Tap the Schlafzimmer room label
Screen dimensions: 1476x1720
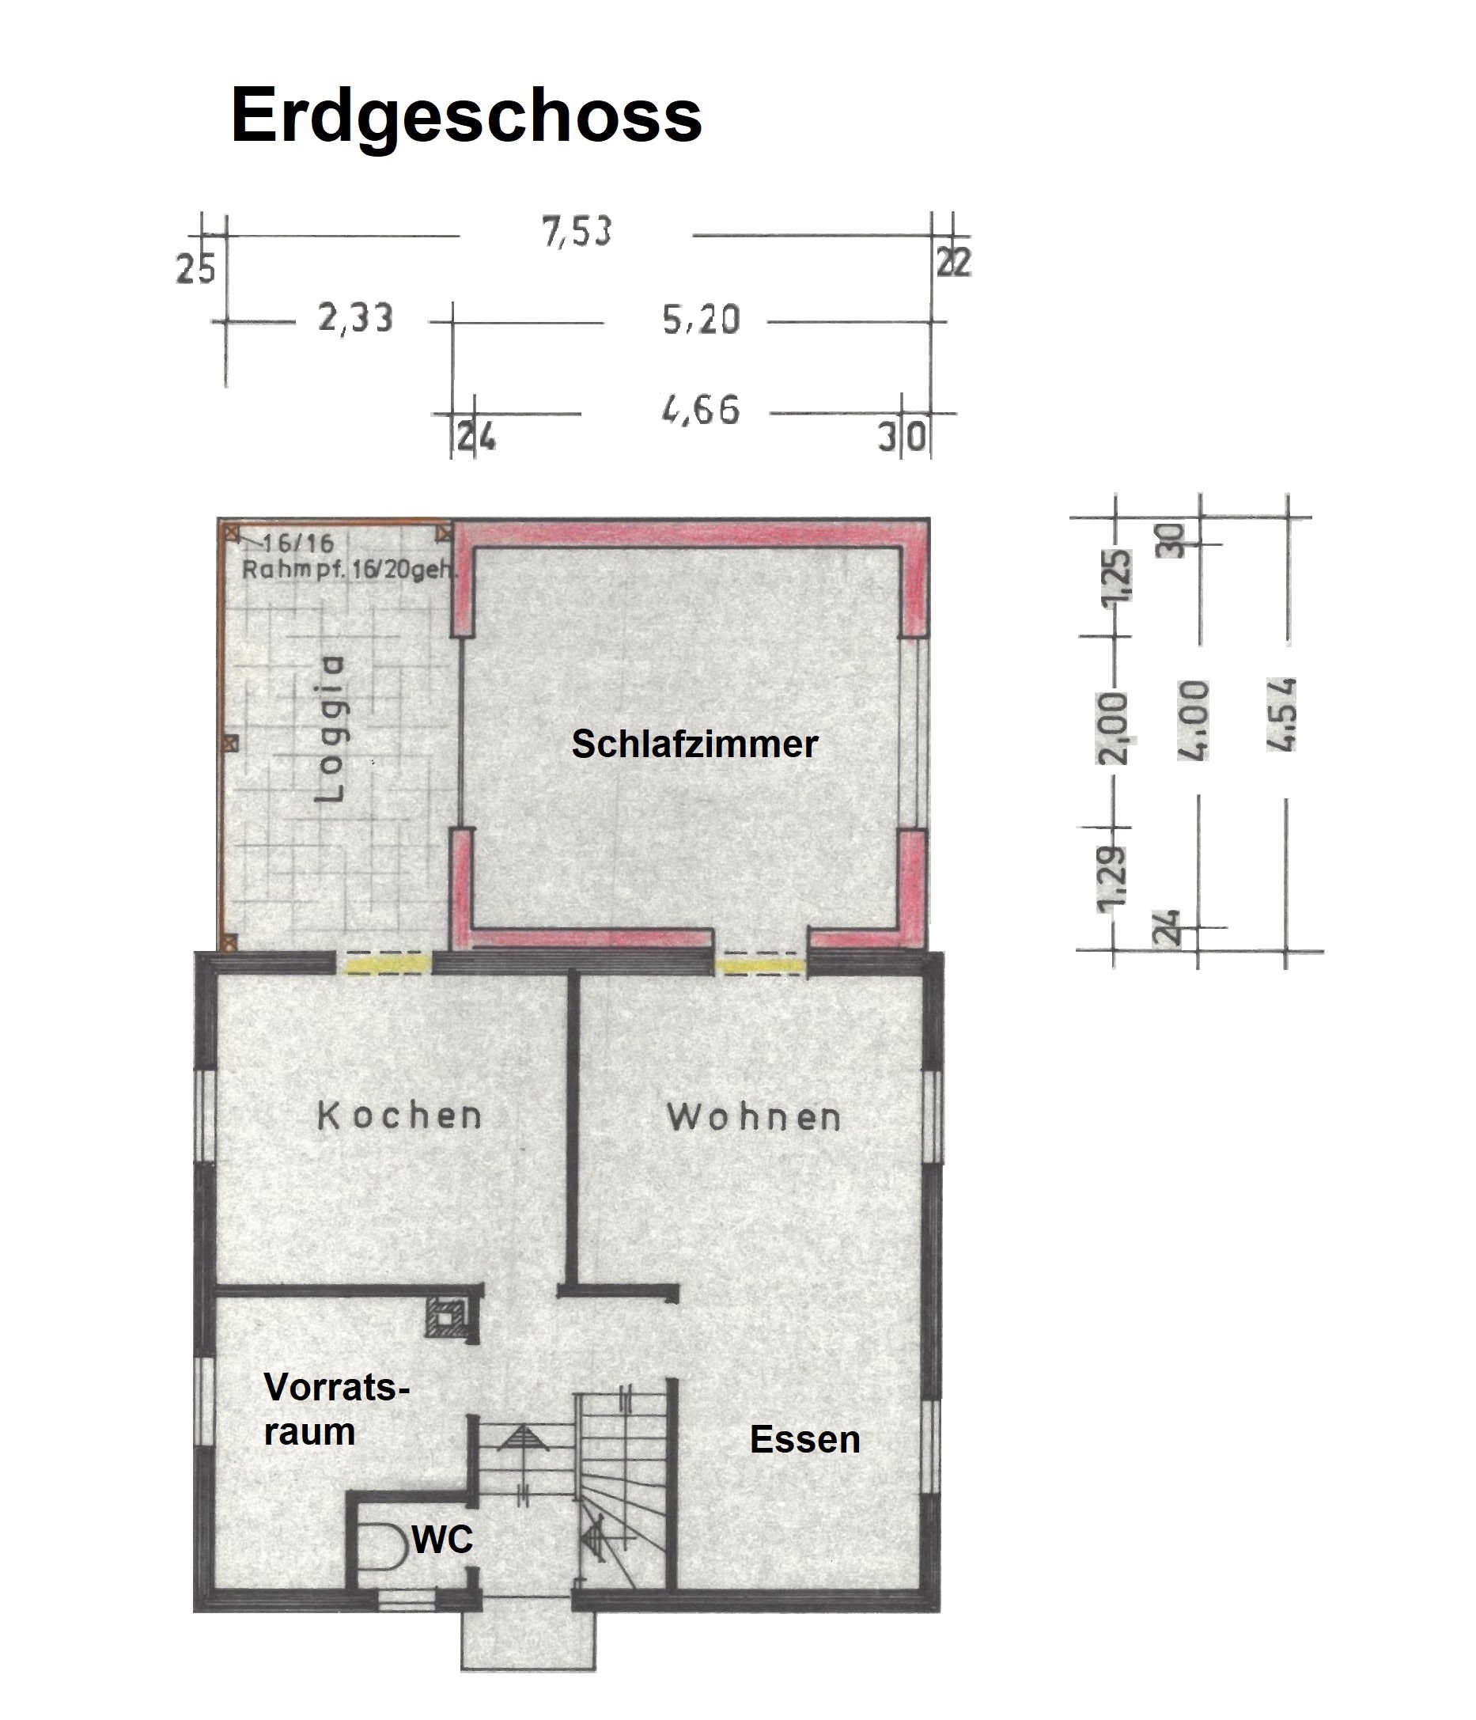(x=694, y=744)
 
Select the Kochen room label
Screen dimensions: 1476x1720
(x=399, y=1116)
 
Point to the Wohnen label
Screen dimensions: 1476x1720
(x=754, y=1117)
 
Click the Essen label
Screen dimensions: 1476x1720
(x=804, y=1438)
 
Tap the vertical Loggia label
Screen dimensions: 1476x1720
(x=330, y=728)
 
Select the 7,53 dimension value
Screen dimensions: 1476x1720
(x=576, y=232)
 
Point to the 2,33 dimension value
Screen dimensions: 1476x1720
(x=355, y=318)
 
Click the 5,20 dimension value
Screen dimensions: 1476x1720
(x=701, y=320)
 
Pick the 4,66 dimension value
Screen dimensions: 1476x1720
(x=701, y=410)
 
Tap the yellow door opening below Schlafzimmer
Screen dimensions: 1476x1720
(x=760, y=965)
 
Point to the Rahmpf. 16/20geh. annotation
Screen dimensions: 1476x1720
(x=350, y=570)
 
